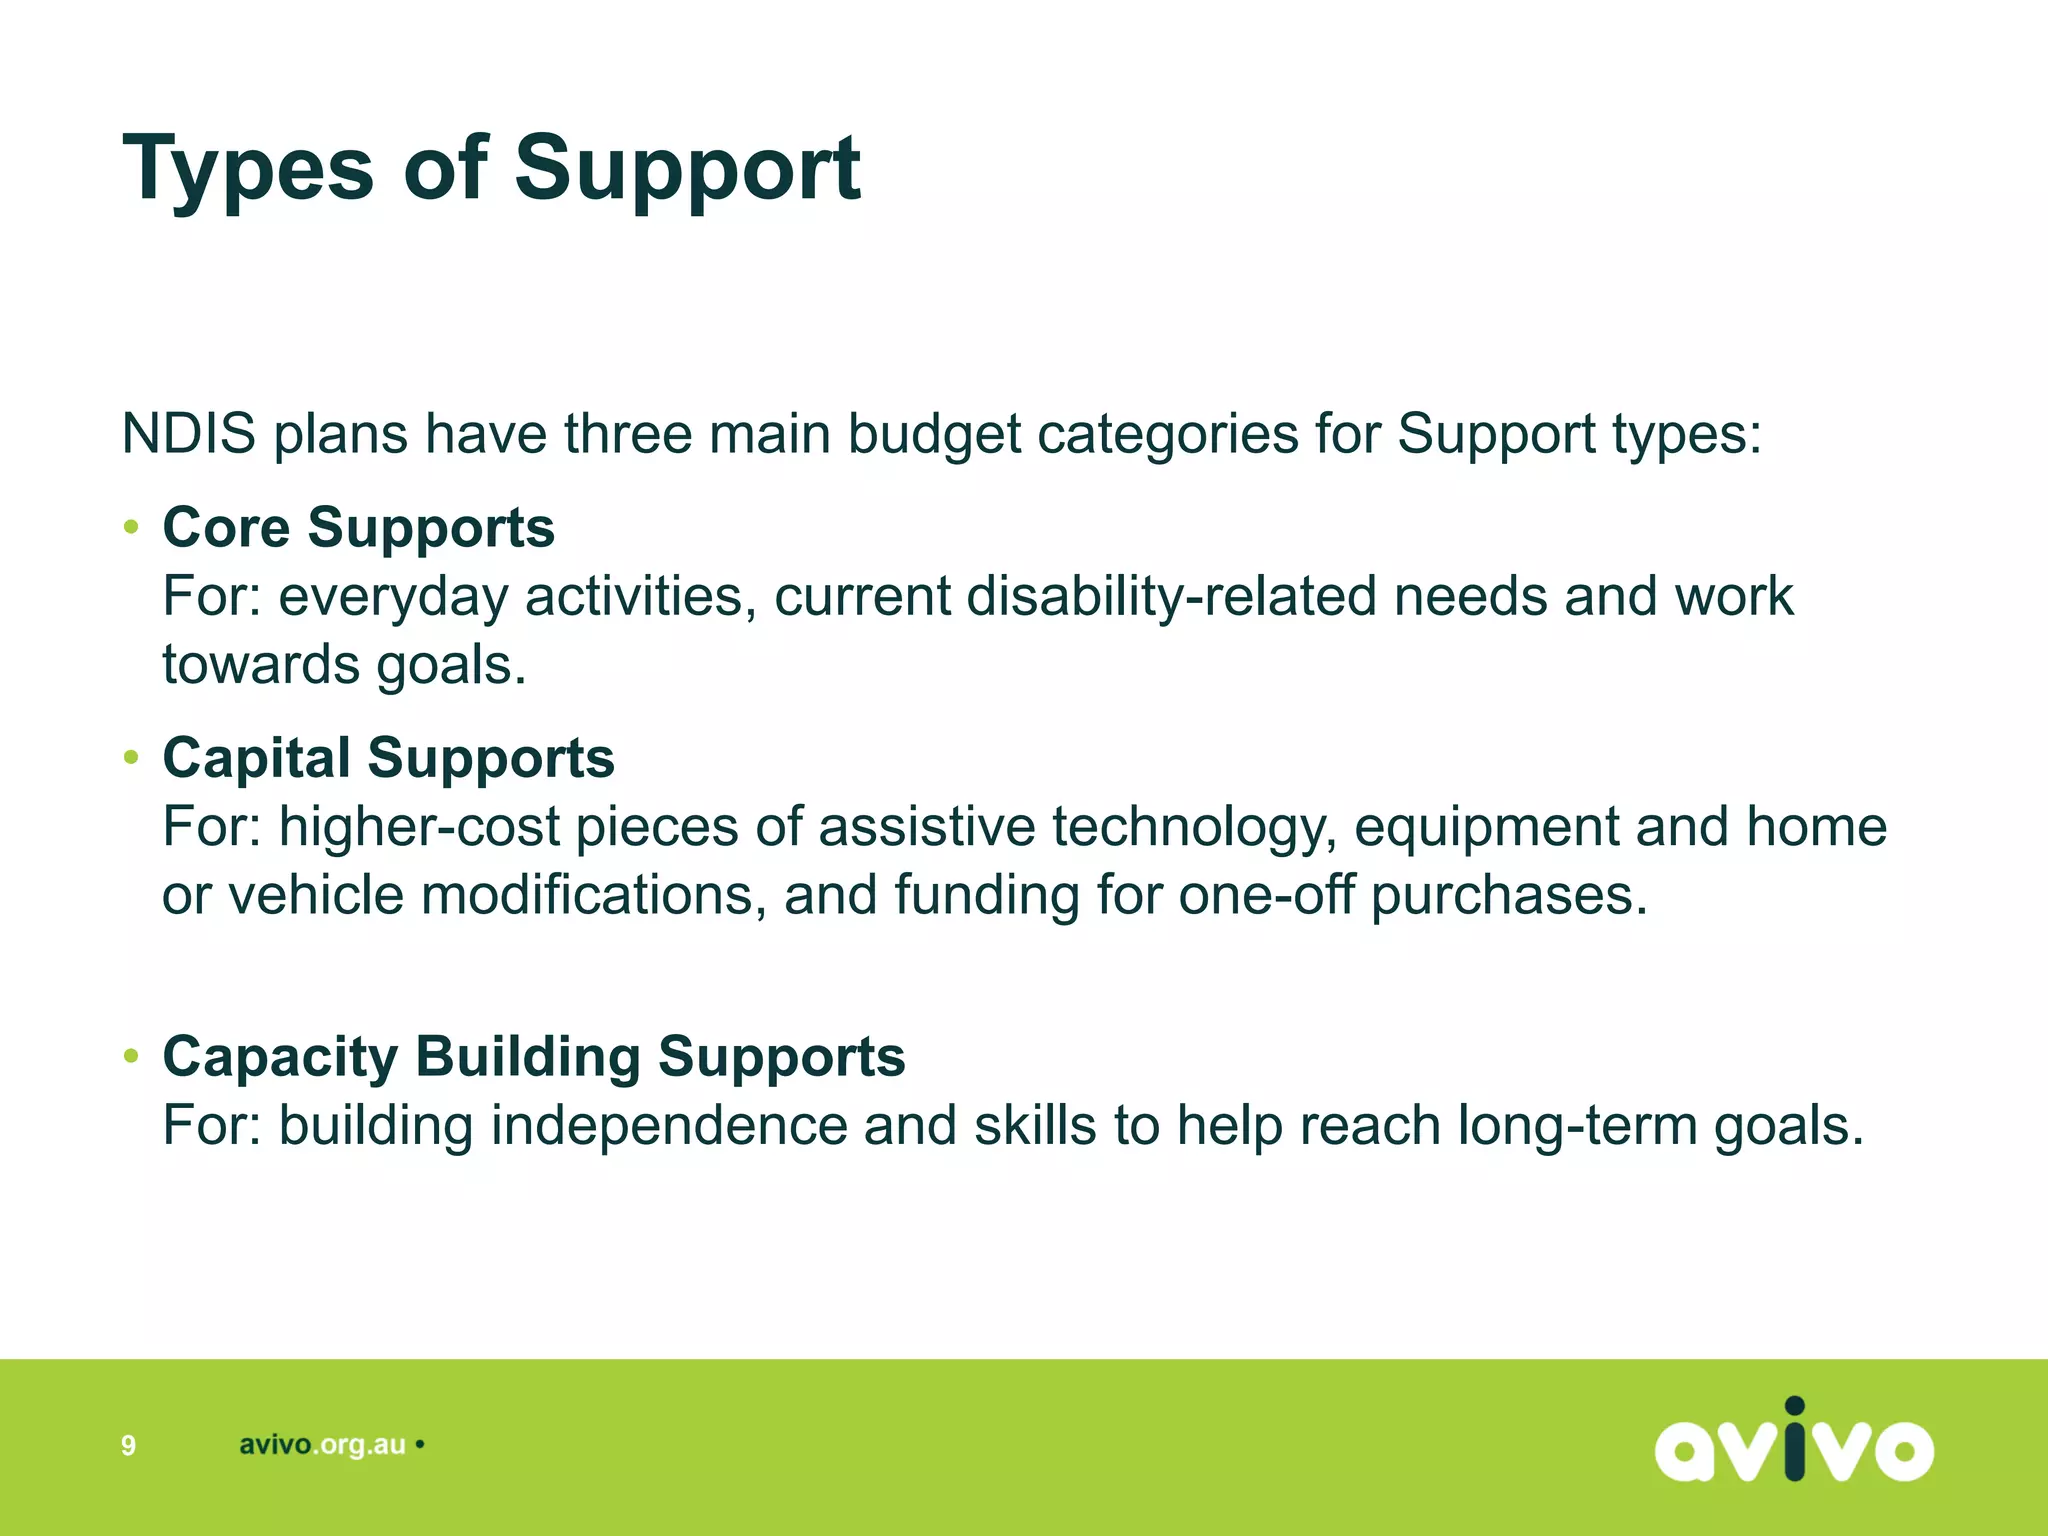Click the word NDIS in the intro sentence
188,434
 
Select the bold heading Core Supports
358,527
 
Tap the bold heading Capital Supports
388,757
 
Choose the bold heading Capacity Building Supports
534,1056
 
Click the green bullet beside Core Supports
131,527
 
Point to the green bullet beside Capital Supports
131,757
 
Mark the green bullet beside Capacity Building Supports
131,1056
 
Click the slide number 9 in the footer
128,1445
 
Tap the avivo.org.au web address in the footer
322,1445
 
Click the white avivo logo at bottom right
1793,1442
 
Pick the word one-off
1266,895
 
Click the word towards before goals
261,665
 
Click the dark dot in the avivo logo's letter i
1795,1406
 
